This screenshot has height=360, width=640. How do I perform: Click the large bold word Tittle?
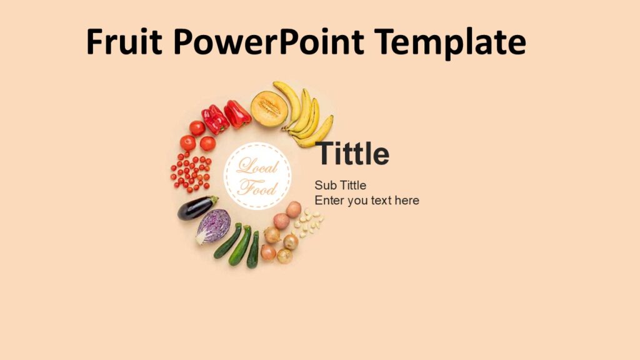coord(352,154)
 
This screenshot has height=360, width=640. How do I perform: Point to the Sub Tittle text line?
coord(340,186)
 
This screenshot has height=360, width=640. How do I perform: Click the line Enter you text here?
coord(367,201)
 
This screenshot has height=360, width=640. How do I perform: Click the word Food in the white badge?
coord(256,187)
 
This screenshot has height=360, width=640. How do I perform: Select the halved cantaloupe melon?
coord(269,109)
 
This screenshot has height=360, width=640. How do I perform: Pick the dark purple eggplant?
coord(196,207)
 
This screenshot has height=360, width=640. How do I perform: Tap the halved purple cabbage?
coord(213,226)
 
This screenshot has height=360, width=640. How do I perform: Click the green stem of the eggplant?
coord(214,199)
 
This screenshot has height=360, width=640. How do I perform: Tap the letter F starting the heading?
coord(94,42)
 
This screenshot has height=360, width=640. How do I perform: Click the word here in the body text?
coord(407,201)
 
